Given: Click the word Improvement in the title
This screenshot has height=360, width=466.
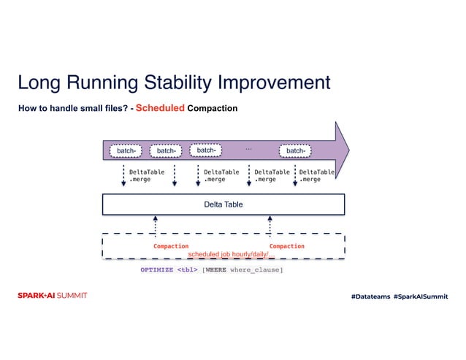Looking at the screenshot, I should (280, 82).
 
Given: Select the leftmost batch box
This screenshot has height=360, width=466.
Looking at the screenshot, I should (126, 151).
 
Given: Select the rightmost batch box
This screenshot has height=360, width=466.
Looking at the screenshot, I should (294, 151).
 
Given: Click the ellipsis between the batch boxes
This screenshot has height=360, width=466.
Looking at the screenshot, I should (248, 148).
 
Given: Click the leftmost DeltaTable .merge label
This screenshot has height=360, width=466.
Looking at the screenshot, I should (146, 175).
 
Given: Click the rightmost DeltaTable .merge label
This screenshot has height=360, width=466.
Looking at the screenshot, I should (316, 175).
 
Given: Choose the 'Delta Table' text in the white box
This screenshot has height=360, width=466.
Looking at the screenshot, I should (223, 204).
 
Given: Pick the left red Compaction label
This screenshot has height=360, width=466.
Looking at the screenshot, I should (171, 246).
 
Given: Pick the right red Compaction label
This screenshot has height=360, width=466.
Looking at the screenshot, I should (286, 246).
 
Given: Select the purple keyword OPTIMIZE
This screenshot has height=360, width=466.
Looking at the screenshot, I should (157, 270).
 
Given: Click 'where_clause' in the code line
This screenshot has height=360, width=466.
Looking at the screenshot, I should (255, 270).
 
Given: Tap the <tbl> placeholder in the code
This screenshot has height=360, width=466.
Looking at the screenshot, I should (187, 270).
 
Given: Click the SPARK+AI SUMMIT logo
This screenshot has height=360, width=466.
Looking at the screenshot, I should (52, 296).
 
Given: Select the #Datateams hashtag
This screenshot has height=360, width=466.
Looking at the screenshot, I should (370, 296).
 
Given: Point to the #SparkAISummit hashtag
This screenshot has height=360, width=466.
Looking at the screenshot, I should (421, 296).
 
